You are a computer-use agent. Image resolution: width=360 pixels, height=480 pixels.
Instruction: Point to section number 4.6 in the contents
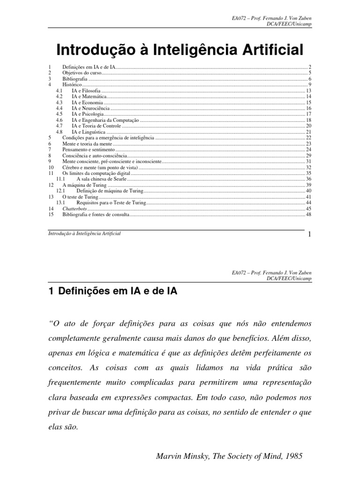click(59, 120)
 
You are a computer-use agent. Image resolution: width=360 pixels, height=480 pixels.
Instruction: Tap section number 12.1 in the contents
click(60, 191)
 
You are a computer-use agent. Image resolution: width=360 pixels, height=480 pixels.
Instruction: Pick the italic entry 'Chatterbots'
click(75, 209)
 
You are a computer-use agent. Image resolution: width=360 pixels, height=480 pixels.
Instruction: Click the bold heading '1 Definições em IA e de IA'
click(113, 291)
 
